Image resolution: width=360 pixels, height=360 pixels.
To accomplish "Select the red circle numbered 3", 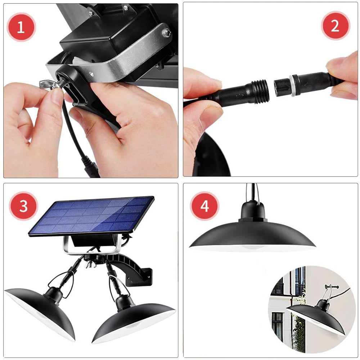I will coord(23,207).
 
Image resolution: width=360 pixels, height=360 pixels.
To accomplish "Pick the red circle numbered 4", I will coord(204,207).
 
